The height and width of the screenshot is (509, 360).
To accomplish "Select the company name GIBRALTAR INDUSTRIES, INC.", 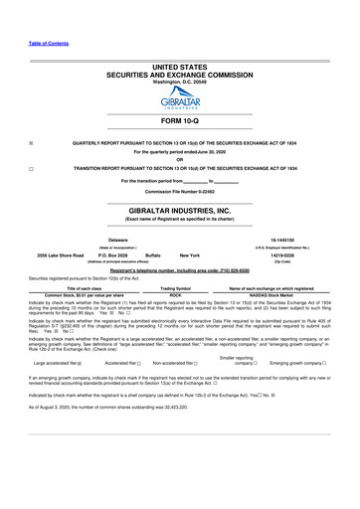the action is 180,212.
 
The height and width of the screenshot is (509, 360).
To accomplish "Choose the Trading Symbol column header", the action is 175,287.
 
